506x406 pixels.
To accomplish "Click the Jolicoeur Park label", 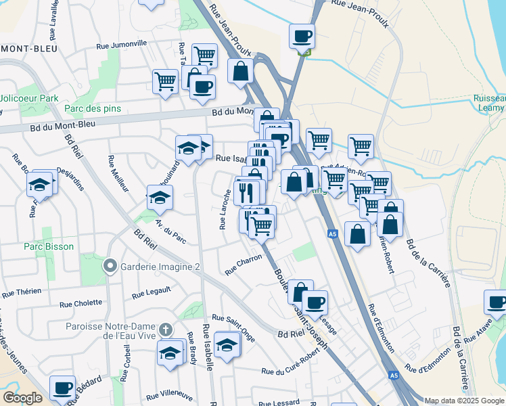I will click(x=29, y=98).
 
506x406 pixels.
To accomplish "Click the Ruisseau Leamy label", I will click(x=489, y=102).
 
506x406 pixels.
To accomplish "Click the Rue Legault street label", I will click(x=152, y=293).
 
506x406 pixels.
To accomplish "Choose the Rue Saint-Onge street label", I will click(x=233, y=318).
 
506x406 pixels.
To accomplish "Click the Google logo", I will click(x=22, y=398).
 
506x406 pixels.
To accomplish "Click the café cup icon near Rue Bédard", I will click(x=62, y=388).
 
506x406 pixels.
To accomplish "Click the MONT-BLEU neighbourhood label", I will click(x=28, y=49).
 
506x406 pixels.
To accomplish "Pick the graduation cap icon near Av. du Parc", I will click(x=160, y=197).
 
